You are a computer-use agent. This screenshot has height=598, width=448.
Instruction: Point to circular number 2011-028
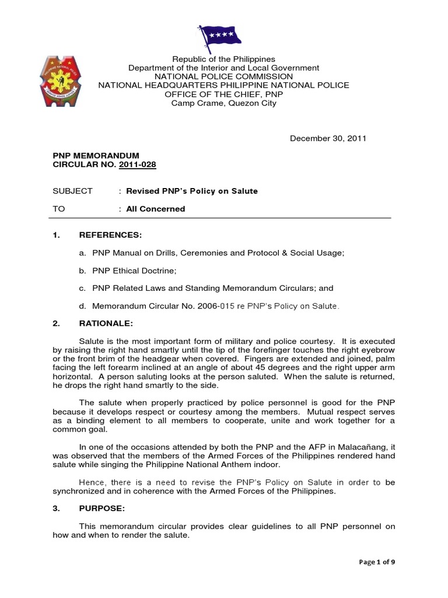point(138,165)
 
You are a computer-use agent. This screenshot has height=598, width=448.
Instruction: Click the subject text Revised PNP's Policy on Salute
point(192,191)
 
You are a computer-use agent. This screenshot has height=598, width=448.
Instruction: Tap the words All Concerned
point(156,208)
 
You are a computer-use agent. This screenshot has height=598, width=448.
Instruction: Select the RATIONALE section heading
point(107,322)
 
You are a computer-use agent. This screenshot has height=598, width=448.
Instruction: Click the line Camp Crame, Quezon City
point(223,103)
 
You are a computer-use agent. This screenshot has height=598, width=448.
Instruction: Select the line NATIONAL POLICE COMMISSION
point(223,77)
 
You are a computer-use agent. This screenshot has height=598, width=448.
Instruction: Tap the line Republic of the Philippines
point(223,59)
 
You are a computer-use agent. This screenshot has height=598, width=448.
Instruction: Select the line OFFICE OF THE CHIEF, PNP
point(223,94)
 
